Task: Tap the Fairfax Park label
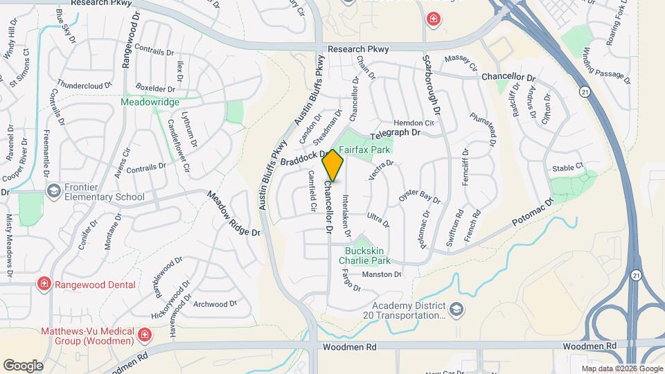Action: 365,150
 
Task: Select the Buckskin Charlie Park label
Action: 364,256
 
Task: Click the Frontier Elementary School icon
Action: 53,190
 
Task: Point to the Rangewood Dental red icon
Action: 43,284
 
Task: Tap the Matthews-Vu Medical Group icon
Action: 145,335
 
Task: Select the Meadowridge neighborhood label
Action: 150,102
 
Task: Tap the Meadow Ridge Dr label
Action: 233,213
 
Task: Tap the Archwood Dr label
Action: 215,303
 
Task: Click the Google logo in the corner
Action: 23,365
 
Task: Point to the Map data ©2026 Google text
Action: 621,368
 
